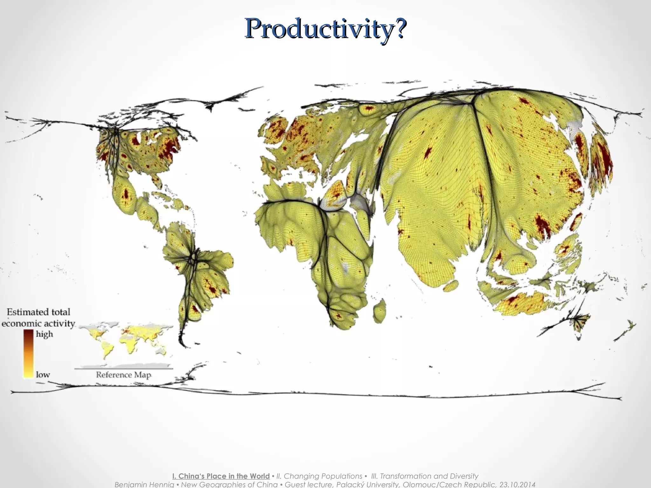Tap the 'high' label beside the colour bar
pos(44,334)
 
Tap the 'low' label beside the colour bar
pos(43,374)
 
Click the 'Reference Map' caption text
pos(123,375)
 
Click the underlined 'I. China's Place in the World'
pos(221,476)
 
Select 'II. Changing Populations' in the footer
pos(319,476)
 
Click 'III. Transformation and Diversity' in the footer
pos(425,476)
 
